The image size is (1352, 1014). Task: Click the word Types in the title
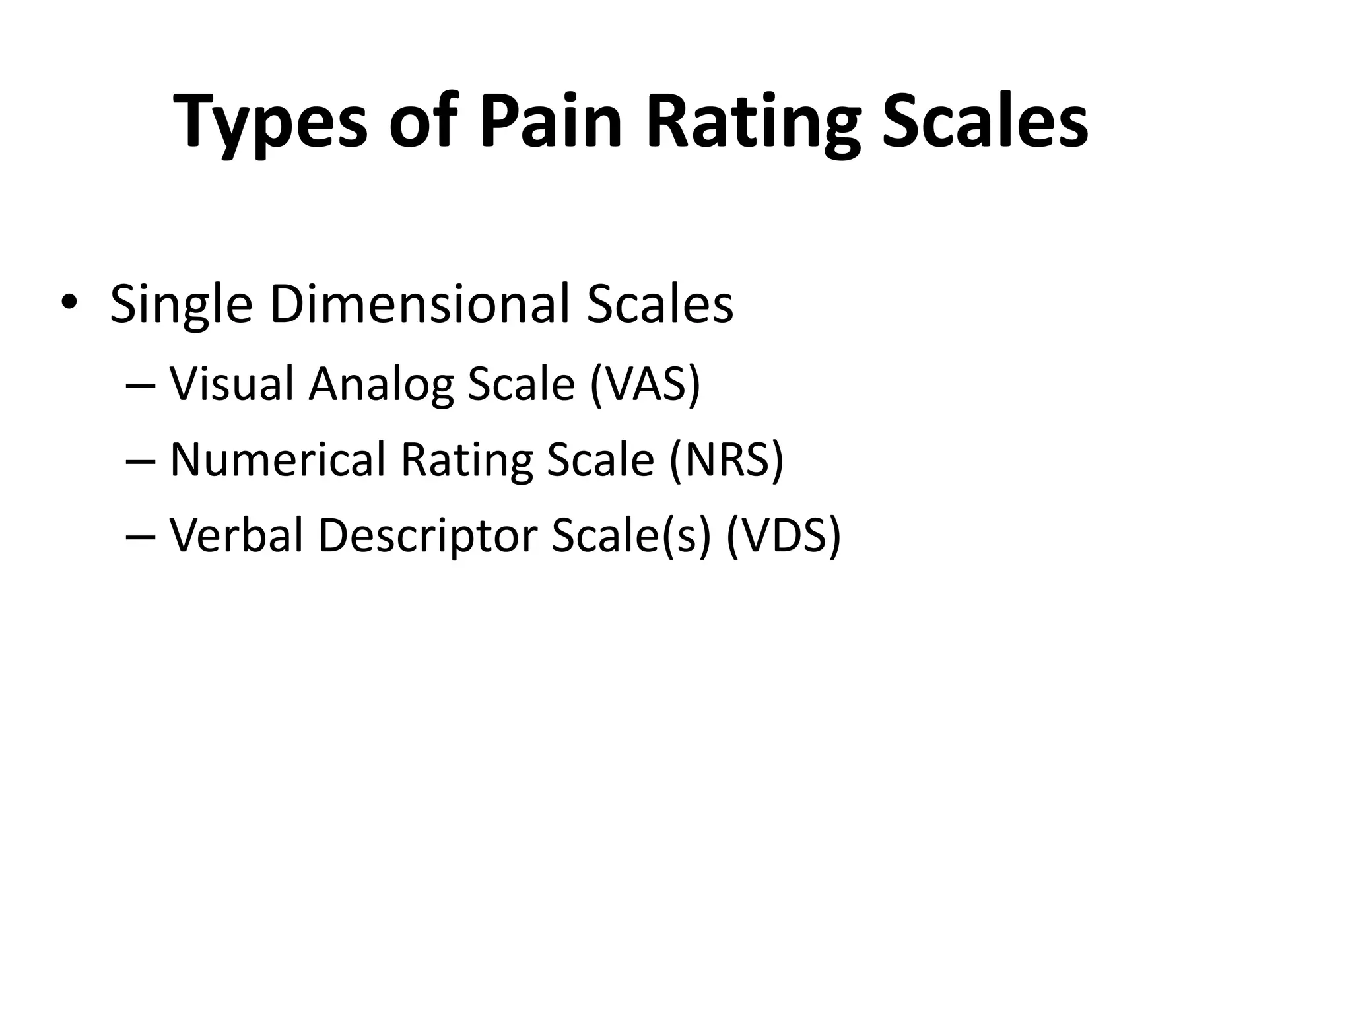pyautogui.click(x=271, y=122)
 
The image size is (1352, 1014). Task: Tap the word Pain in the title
pyautogui.click(x=551, y=122)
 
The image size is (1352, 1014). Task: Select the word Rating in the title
pyautogui.click(x=753, y=122)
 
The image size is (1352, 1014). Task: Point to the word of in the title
pyautogui.click(x=423, y=122)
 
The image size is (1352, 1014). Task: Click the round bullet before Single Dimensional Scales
pyautogui.click(x=68, y=304)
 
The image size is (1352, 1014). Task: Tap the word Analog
pyautogui.click(x=381, y=384)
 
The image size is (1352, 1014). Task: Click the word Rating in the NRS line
pyautogui.click(x=466, y=460)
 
